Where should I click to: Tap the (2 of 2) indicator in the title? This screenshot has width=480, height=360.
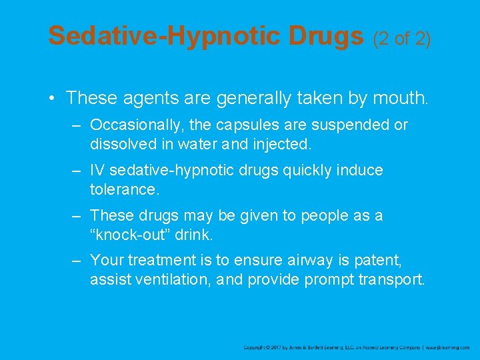[x=403, y=39]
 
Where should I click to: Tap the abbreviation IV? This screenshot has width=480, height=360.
[x=97, y=171]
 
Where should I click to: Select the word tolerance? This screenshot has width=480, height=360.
[x=124, y=189]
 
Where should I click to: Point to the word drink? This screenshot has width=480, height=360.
[x=193, y=234]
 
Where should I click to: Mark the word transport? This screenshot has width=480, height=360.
[x=391, y=279]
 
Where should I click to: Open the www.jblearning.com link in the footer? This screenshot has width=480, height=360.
[x=448, y=347]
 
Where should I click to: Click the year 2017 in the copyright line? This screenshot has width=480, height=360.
[x=277, y=347]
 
